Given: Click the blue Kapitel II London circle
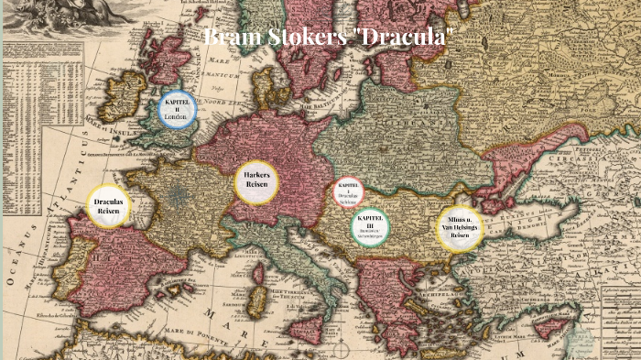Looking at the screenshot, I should [178, 110].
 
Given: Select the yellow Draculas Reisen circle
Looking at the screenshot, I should [109, 207].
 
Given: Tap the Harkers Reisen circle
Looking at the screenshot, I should [255, 180].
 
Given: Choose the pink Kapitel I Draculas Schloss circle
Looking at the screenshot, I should [348, 192].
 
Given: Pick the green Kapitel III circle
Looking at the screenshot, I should [371, 227].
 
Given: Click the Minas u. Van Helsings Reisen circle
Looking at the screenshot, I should [459, 229].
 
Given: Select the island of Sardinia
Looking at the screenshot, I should [259, 301].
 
